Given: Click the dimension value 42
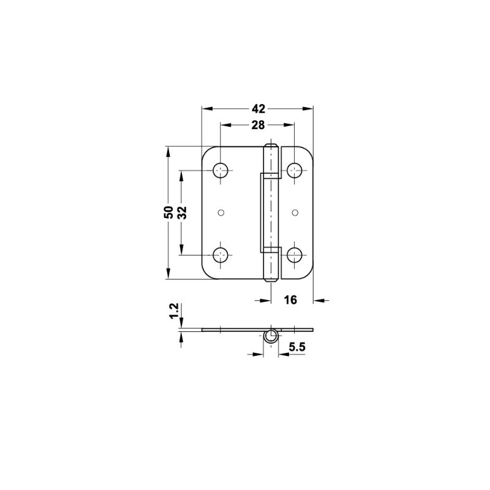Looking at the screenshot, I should [x=258, y=108].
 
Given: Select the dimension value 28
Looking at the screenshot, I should [x=257, y=125].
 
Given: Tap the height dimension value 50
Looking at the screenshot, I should [x=168, y=213].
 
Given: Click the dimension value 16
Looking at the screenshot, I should [x=290, y=300].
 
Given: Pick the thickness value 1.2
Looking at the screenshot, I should [x=174, y=311].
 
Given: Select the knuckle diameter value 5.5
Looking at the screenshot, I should [x=297, y=348].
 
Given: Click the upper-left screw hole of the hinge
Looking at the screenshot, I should [x=221, y=170].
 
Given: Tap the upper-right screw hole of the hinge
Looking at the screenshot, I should [x=295, y=170].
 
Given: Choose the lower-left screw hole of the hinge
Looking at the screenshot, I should [x=221, y=255].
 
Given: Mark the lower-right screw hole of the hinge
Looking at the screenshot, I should [x=295, y=255].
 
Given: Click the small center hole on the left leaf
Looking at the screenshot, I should [x=221, y=213].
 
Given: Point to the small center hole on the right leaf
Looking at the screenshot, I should [x=295, y=213].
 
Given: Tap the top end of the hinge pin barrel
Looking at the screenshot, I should [x=271, y=147].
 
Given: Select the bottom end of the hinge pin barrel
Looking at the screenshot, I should [x=271, y=279].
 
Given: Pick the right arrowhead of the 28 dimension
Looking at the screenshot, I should [x=290, y=125].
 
